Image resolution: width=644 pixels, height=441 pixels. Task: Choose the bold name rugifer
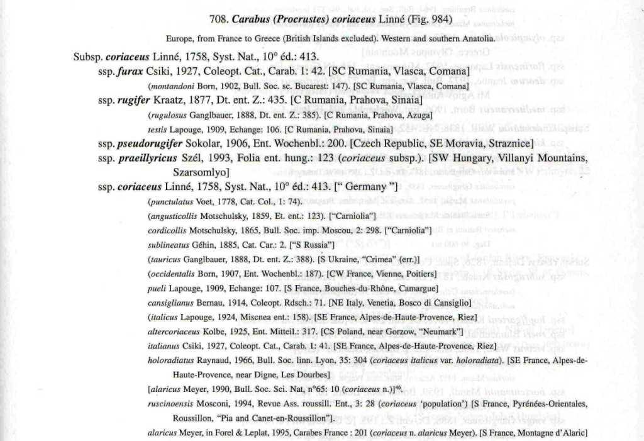[135, 100]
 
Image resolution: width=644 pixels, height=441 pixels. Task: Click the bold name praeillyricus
[148, 157]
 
